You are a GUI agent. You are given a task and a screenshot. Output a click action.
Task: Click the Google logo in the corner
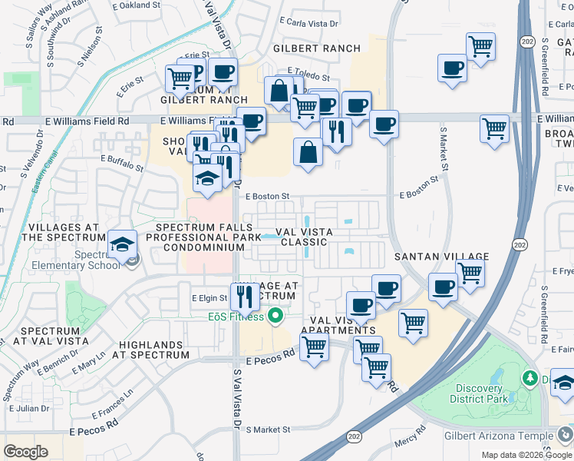pyautogui.click(x=25, y=452)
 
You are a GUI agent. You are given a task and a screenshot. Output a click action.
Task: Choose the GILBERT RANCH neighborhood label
pyautogui.click(x=317, y=48)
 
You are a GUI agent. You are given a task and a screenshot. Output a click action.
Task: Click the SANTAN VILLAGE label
pyautogui.click(x=441, y=256)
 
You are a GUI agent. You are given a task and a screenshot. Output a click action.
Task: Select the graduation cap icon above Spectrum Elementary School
pyautogui.click(x=122, y=244)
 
